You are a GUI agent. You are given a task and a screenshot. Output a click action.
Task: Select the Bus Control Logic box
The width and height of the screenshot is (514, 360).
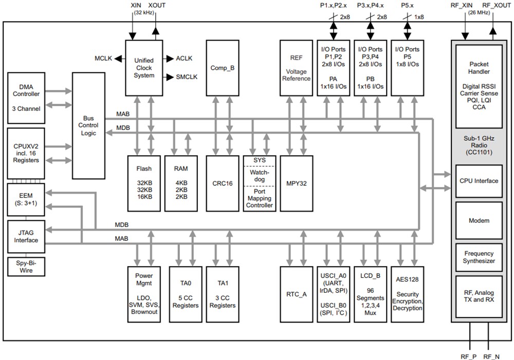point(88,125)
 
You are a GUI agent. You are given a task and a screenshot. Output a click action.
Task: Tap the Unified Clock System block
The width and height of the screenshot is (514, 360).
point(144,68)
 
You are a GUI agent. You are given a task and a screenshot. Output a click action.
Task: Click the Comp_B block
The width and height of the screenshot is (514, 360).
point(222,68)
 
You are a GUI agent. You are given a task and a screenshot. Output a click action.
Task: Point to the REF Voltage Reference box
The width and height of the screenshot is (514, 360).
point(297,68)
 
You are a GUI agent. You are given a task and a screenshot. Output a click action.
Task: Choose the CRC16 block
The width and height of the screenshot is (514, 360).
point(222,183)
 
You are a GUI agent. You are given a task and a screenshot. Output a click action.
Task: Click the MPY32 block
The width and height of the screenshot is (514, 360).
point(297,183)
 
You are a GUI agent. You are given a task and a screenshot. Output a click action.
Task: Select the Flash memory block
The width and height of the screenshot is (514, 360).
point(144,183)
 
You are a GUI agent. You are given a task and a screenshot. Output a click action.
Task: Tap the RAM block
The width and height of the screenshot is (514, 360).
point(181,183)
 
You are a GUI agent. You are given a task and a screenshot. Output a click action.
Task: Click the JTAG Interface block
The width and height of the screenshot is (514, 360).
point(26,236)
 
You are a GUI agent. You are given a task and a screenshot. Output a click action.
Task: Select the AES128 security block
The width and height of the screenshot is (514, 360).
point(408,294)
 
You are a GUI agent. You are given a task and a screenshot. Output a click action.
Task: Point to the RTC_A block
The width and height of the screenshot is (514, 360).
point(297,294)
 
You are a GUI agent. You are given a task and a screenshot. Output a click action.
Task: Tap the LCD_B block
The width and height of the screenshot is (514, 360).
point(370,294)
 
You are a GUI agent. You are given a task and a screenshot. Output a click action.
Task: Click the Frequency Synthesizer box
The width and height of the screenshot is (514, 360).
point(479,257)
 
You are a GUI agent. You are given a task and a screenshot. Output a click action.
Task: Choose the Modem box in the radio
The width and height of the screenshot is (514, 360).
point(479,220)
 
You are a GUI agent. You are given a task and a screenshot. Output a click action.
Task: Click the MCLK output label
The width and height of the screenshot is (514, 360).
point(103,59)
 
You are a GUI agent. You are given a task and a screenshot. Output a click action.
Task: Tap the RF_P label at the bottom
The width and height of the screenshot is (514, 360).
point(468,356)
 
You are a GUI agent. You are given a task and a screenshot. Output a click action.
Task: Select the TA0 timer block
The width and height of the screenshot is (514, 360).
point(185,294)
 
